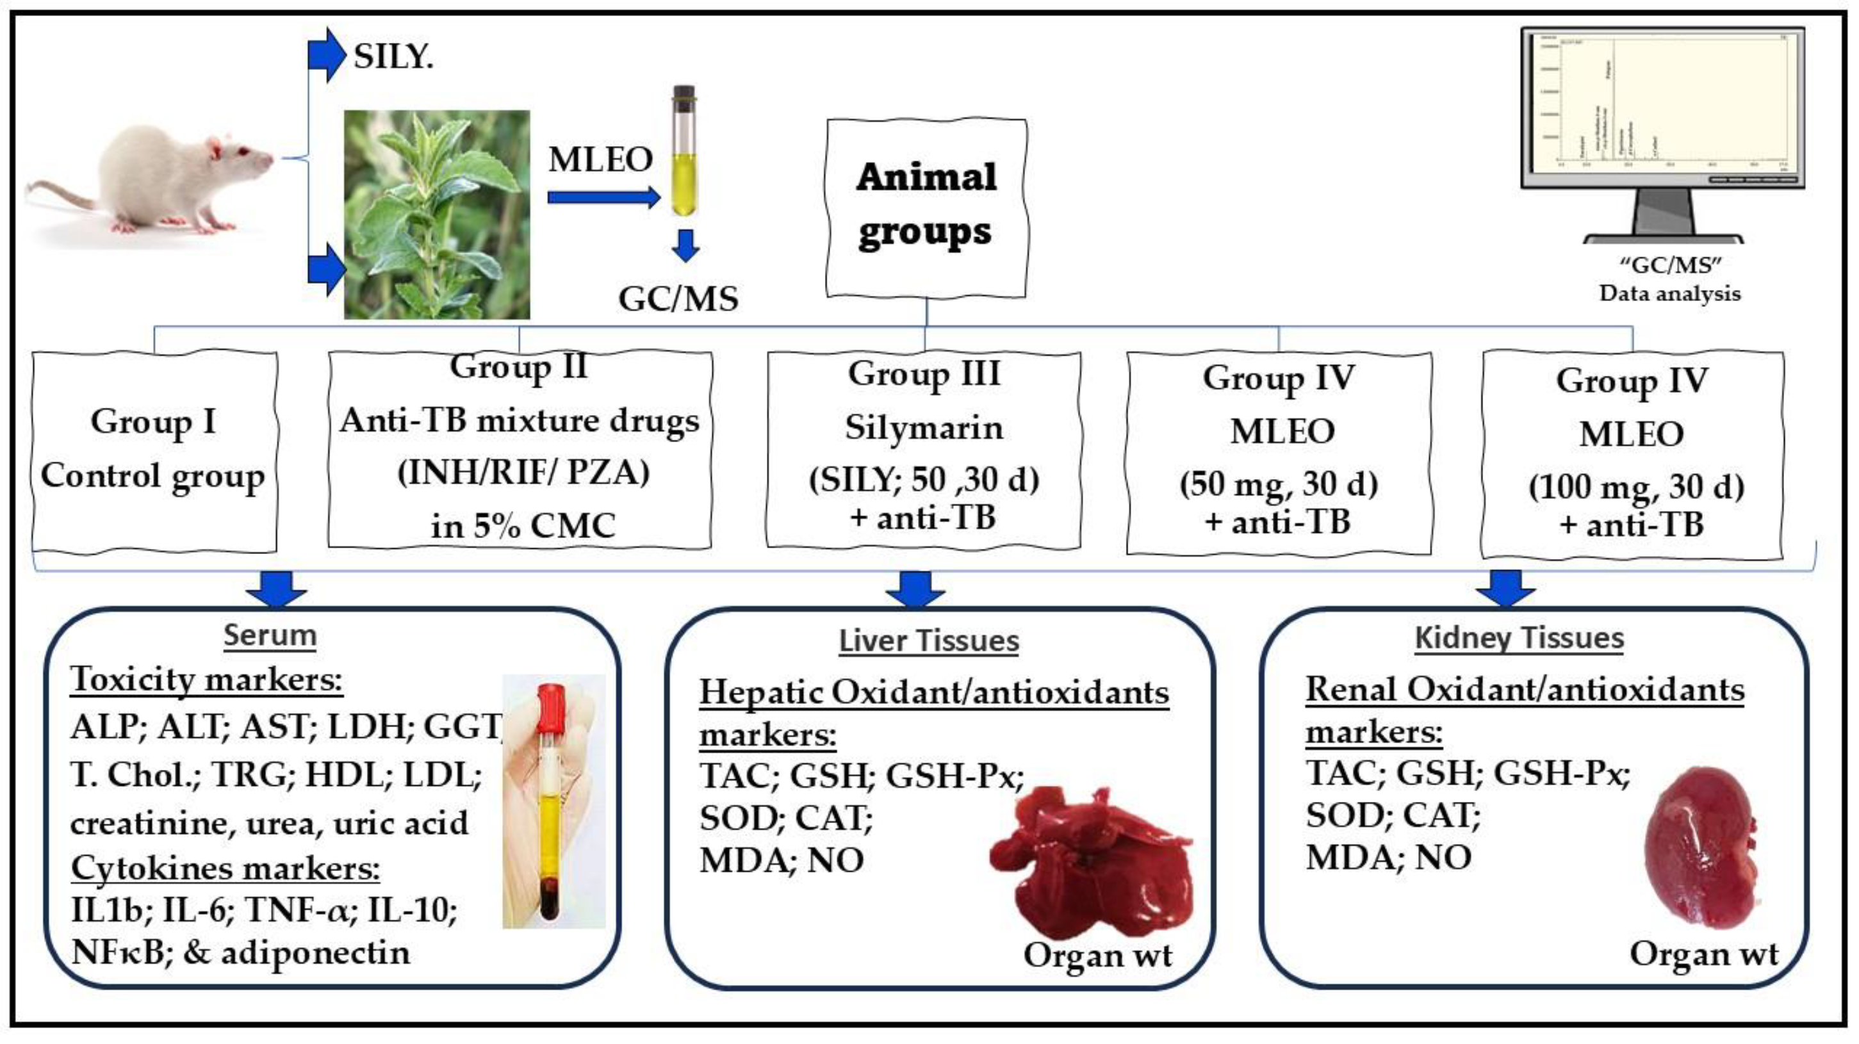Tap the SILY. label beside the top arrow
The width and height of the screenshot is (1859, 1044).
(x=393, y=56)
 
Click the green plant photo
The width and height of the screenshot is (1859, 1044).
(x=437, y=215)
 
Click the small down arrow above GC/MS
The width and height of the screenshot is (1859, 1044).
(x=685, y=245)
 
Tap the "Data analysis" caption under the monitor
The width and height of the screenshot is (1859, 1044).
(x=1669, y=293)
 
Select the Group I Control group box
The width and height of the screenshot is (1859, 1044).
(x=154, y=450)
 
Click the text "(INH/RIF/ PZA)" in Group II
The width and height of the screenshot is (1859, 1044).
(x=523, y=473)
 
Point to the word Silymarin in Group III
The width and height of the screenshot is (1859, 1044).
(x=924, y=428)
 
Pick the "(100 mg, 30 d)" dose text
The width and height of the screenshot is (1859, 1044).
(x=1636, y=487)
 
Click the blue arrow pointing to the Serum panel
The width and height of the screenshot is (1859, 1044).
(x=276, y=588)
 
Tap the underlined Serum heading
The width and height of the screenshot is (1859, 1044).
(x=270, y=635)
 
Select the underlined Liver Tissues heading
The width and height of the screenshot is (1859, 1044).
(x=929, y=640)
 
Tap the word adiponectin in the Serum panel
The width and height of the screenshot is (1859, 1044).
(x=315, y=953)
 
